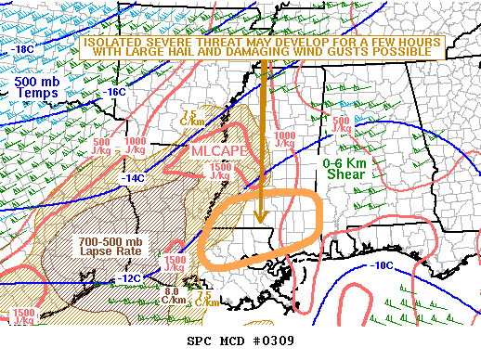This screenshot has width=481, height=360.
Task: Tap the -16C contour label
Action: point(113,93)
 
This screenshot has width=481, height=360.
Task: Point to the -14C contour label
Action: point(134,178)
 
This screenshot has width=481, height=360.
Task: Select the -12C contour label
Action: point(129,278)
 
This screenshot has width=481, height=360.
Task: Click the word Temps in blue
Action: point(37,94)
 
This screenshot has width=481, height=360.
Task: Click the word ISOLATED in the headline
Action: point(114,42)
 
